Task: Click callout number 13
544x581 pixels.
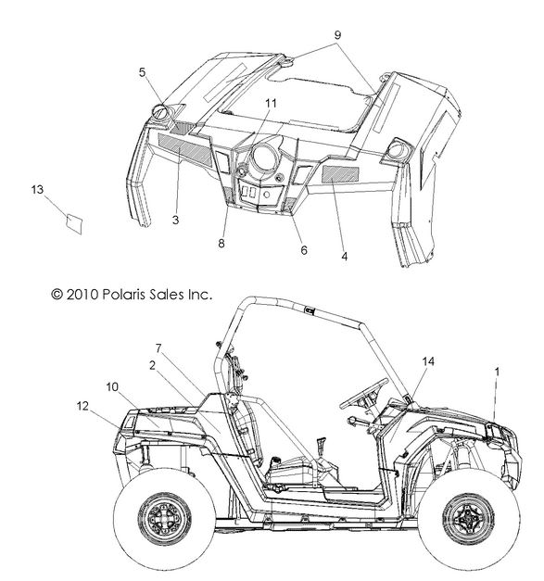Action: point(37,190)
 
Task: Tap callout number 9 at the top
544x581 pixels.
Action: point(337,35)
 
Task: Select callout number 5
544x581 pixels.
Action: point(143,72)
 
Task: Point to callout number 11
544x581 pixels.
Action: point(272,103)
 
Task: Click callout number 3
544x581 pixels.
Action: point(176,220)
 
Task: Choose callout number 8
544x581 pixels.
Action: point(221,244)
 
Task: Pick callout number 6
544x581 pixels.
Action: point(304,250)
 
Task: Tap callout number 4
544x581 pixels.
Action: point(345,256)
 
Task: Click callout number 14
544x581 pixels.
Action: point(428,361)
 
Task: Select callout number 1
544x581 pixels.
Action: point(498,372)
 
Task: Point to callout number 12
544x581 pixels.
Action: point(83,406)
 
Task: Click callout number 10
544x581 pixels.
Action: point(112,386)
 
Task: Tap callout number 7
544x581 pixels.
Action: point(158,348)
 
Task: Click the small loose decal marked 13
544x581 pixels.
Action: point(74,224)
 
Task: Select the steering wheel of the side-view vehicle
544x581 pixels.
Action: point(364,393)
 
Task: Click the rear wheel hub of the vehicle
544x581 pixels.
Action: point(165,519)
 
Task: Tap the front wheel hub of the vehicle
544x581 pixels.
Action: point(469,519)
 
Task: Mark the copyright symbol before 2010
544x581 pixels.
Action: point(57,295)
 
